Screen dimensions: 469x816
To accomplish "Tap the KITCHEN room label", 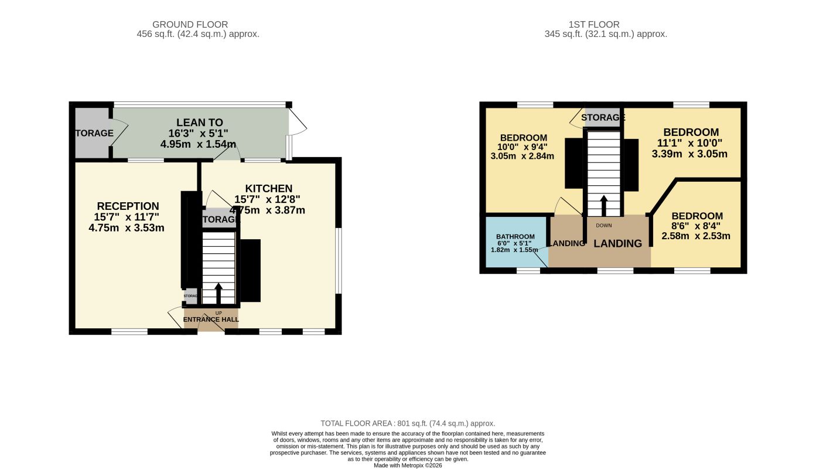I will click(x=268, y=188).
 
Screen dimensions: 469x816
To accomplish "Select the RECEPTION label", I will click(x=128, y=206).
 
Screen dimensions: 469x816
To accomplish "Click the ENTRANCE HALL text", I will click(x=211, y=320).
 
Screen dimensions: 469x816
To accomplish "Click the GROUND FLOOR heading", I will click(x=182, y=24).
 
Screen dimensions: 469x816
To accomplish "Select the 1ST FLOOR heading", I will click(x=594, y=24).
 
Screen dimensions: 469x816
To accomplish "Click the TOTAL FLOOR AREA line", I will click(x=408, y=423).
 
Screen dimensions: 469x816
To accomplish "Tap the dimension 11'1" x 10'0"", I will click(x=689, y=144).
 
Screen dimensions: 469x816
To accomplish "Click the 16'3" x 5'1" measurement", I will click(x=198, y=133).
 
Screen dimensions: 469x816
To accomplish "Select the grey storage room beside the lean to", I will click(x=92, y=133).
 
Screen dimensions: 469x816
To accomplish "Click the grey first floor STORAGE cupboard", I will click(x=602, y=117).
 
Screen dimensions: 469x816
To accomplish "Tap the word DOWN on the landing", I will click(x=603, y=225).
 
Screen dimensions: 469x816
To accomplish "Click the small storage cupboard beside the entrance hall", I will click(x=191, y=296).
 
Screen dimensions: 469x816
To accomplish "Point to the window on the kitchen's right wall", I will click(x=338, y=260).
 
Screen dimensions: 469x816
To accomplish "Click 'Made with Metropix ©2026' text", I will click(x=408, y=465).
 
